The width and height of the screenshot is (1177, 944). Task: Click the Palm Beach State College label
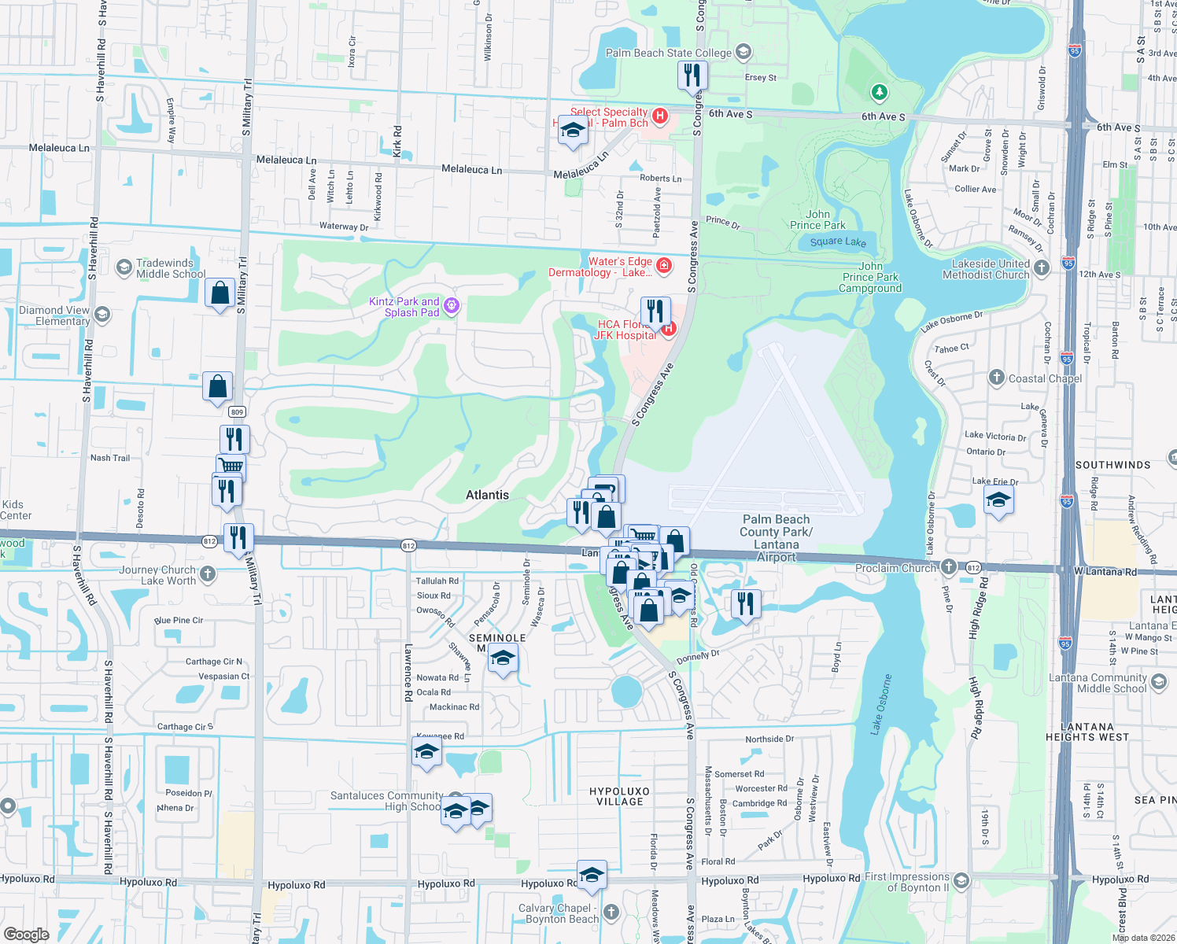tap(668, 53)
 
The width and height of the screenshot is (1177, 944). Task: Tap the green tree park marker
tap(879, 93)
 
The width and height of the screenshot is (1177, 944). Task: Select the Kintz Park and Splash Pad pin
tap(451, 305)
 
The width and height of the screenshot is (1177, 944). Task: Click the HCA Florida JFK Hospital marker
tap(669, 329)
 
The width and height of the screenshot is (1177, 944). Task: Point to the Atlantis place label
tap(487, 495)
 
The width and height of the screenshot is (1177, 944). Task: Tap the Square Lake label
tap(838, 242)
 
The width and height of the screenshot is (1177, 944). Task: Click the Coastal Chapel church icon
tap(996, 378)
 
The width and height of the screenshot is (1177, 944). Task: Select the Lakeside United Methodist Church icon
tap(1042, 268)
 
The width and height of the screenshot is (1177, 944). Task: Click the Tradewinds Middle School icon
tap(124, 268)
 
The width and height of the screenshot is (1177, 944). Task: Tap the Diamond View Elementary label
tap(54, 315)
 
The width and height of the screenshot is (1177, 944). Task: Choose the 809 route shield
tap(237, 412)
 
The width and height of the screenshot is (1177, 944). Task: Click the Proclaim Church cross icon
tap(949, 567)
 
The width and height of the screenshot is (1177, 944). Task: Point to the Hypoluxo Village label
tap(619, 796)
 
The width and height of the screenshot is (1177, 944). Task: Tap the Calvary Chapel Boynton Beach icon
tap(611, 913)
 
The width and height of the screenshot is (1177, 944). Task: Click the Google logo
tap(26, 935)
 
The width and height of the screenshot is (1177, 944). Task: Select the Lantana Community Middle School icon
tap(1158, 682)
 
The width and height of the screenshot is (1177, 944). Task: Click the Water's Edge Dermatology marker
tap(663, 266)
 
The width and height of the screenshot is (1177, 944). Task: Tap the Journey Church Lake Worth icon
tap(208, 574)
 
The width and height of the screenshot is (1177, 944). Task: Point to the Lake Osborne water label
tap(882, 704)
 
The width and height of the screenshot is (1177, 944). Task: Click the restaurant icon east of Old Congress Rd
tap(745, 604)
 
